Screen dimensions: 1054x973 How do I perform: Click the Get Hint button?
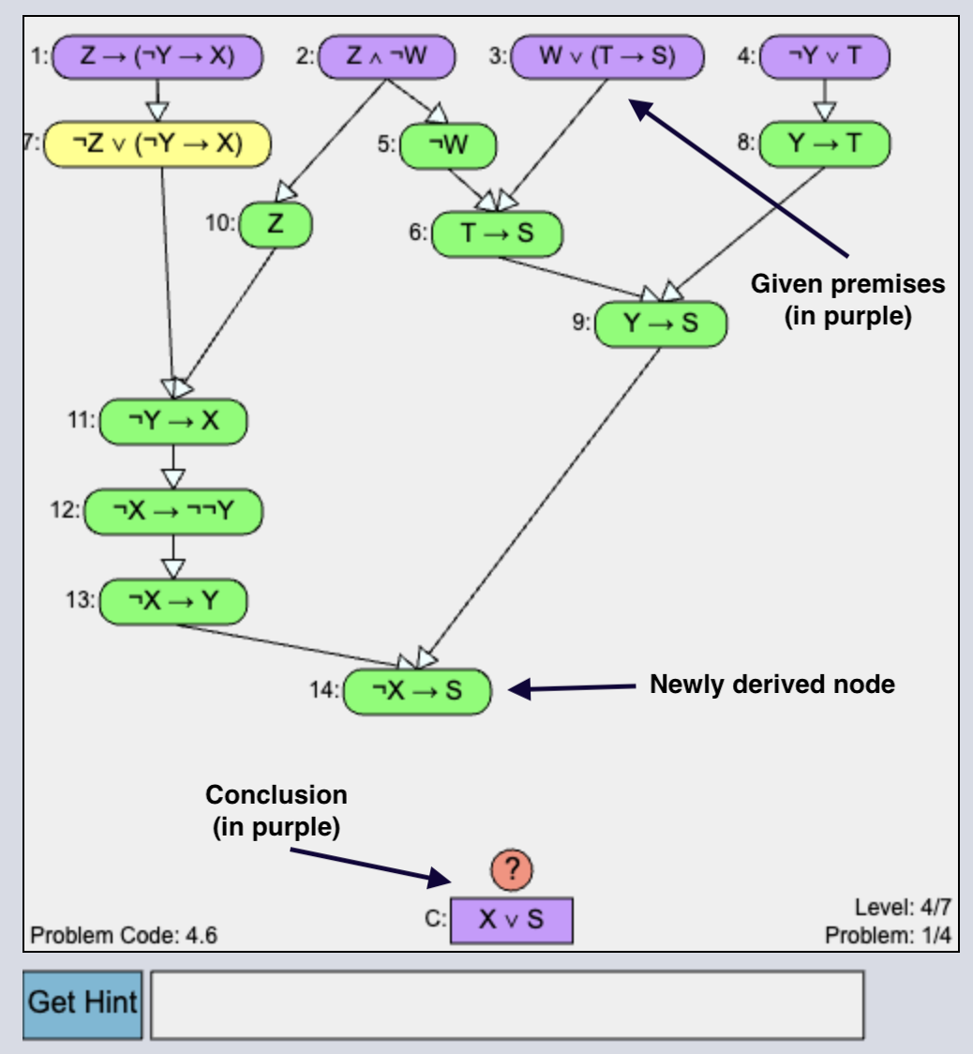(x=82, y=1003)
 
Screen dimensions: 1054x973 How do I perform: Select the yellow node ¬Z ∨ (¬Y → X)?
(x=157, y=143)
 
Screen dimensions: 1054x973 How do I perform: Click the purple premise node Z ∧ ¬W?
(x=386, y=56)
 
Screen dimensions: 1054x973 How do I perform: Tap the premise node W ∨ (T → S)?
(x=607, y=56)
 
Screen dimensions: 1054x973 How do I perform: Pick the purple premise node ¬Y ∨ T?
(x=824, y=56)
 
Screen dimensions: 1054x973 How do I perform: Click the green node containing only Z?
(x=276, y=224)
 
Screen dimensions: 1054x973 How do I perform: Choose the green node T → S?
(x=497, y=233)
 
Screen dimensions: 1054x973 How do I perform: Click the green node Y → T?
(x=824, y=143)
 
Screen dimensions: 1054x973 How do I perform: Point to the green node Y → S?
(x=661, y=324)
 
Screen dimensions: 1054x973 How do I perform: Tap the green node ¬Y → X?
(x=172, y=421)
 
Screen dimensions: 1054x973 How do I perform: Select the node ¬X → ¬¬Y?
(x=173, y=511)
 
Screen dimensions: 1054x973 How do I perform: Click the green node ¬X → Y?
(x=172, y=601)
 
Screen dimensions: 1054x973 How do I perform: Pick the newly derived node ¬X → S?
(x=417, y=692)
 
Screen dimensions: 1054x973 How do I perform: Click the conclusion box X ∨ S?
(x=511, y=920)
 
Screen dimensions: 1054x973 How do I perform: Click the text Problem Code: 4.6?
(x=125, y=935)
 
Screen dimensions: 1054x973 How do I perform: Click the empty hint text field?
(x=506, y=1004)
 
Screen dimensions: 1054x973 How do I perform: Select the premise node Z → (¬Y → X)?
(x=157, y=56)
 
